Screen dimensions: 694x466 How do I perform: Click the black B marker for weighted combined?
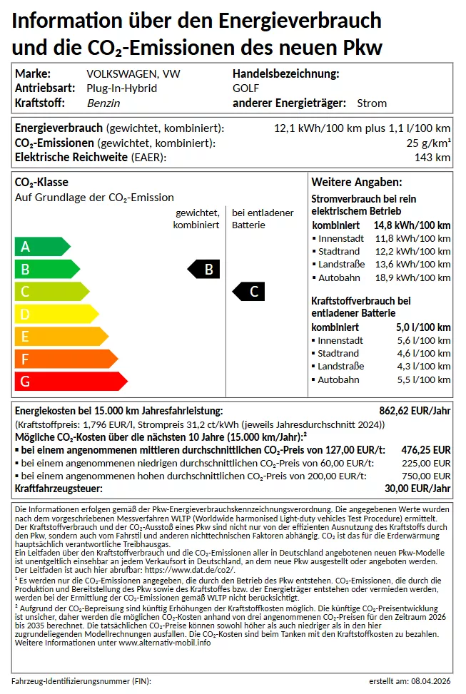coord(205,269)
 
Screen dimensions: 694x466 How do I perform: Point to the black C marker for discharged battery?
coord(250,291)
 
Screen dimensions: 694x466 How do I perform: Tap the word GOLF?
coord(246,88)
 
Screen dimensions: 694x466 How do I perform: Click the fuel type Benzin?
coord(103,103)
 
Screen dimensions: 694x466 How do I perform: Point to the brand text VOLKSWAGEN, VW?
coord(133,73)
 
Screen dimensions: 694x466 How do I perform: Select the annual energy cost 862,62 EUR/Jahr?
coord(415,411)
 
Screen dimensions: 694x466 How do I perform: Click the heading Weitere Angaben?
coord(357,183)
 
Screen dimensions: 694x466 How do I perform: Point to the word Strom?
coord(372,103)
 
